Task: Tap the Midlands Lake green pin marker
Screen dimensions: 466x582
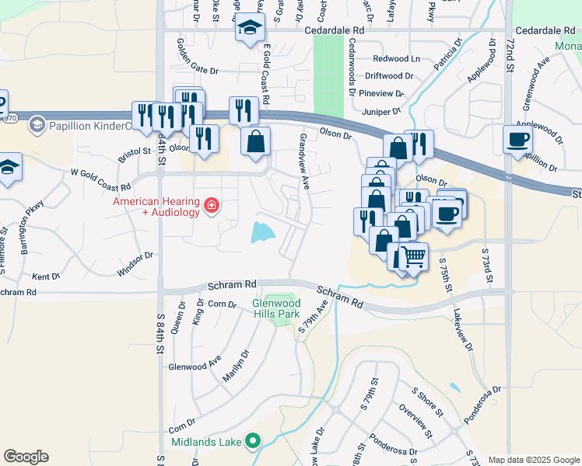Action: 252,441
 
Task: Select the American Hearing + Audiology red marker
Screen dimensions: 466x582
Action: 211,206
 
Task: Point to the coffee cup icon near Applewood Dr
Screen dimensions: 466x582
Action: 517,140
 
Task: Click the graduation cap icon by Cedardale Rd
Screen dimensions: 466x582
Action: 250,29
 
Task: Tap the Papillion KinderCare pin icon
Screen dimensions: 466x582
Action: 36,125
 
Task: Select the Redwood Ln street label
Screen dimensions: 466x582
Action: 396,59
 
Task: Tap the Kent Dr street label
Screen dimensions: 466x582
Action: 46,276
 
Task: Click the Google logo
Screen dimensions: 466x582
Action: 26,457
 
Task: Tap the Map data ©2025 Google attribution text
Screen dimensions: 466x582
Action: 533,460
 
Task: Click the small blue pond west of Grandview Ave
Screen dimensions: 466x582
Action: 263,231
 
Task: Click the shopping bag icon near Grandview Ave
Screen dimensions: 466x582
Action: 255,142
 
